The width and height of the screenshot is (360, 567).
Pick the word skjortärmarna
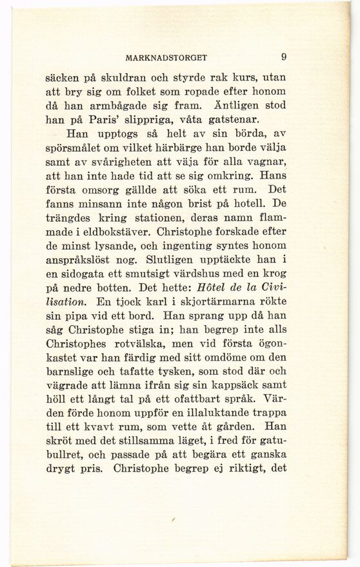click(x=210, y=303)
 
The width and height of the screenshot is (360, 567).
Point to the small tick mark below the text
click(x=173, y=519)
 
